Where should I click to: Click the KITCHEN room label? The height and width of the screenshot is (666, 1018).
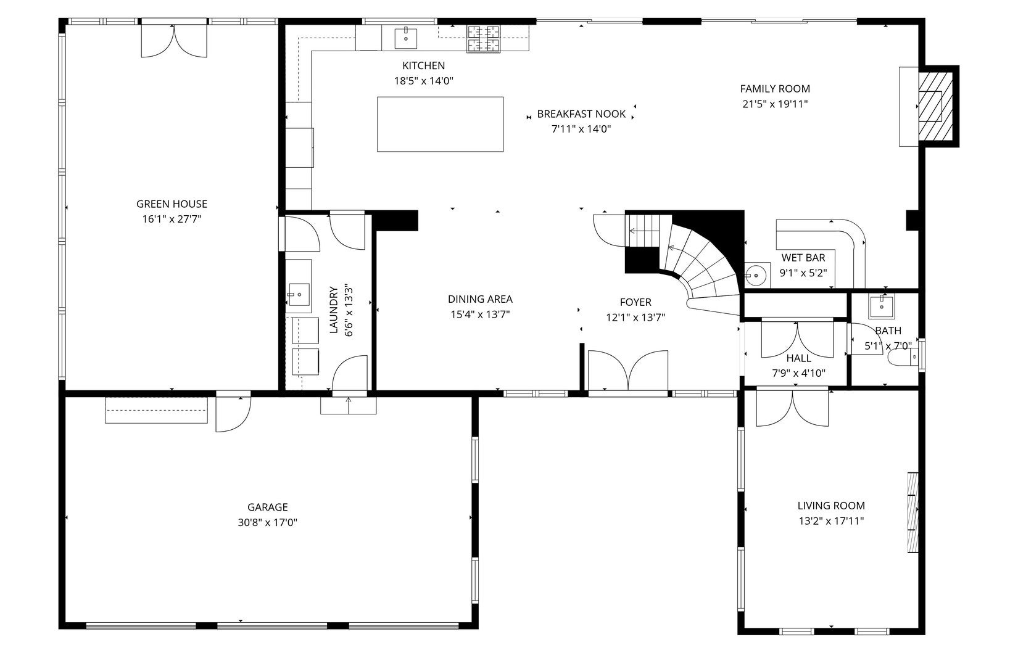[423, 65]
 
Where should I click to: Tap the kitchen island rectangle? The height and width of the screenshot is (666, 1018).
[440, 124]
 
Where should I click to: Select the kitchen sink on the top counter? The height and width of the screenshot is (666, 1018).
[406, 38]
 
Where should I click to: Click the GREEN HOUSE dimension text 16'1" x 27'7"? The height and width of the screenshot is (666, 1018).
[172, 219]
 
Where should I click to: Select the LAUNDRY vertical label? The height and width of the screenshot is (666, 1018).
[334, 310]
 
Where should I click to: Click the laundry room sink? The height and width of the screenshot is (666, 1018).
[299, 295]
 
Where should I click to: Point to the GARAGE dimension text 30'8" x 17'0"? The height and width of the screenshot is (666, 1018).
[267, 522]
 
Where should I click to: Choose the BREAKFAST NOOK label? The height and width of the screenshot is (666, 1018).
[581, 114]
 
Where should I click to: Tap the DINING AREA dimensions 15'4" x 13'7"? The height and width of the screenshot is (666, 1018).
[479, 314]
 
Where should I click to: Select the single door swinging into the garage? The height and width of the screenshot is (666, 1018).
[231, 412]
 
